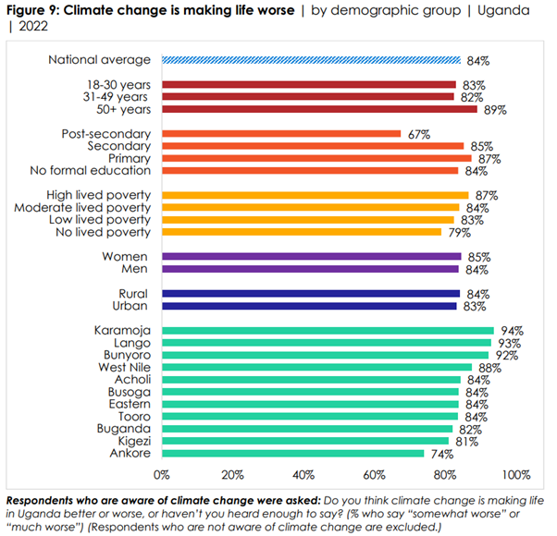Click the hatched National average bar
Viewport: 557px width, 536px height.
click(311, 60)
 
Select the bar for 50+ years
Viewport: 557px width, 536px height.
click(319, 109)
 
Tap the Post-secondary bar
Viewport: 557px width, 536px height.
click(281, 134)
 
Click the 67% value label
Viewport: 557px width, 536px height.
click(419, 134)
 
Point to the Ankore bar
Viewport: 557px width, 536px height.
click(293, 453)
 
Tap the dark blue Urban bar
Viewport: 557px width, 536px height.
click(309, 306)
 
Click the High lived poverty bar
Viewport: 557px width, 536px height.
click(316, 195)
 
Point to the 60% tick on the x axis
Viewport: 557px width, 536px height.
click(374, 475)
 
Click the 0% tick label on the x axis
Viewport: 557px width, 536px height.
click(162, 475)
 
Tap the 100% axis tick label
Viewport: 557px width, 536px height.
click(515, 475)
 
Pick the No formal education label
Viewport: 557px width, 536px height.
click(90, 170)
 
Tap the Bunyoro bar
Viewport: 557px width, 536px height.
click(326, 355)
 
